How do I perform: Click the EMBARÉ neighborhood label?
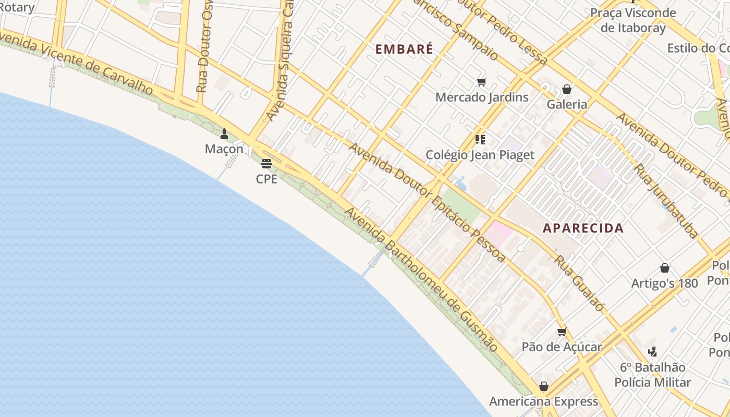pyautogui.click(x=404, y=49)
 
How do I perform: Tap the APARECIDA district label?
pyautogui.click(x=583, y=228)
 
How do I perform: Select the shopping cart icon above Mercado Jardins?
pyautogui.click(x=481, y=82)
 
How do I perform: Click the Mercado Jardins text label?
pyautogui.click(x=481, y=97)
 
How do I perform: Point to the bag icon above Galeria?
pyautogui.click(x=567, y=89)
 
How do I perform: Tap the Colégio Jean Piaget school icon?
pyautogui.click(x=480, y=139)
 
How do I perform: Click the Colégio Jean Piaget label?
pyautogui.click(x=480, y=155)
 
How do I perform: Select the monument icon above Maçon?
pyautogui.click(x=224, y=134)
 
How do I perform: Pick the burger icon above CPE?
pyautogui.click(x=266, y=164)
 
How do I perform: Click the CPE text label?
pyautogui.click(x=266, y=179)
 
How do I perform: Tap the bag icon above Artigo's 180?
pyautogui.click(x=665, y=268)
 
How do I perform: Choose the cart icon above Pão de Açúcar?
pyautogui.click(x=562, y=332)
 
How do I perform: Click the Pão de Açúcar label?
pyautogui.click(x=562, y=347)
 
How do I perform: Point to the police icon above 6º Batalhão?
pyautogui.click(x=652, y=352)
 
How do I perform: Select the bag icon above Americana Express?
pyautogui.click(x=544, y=386)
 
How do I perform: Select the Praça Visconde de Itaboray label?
pyautogui.click(x=633, y=20)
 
